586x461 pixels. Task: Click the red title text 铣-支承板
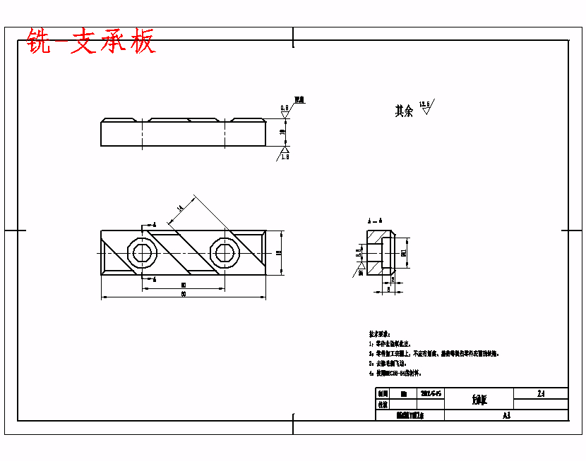tap(90, 42)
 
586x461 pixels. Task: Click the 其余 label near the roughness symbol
tap(404, 111)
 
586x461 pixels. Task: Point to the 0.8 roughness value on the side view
tap(285, 108)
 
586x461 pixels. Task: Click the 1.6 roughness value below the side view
tap(285, 156)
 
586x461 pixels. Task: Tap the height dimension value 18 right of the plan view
tap(279, 252)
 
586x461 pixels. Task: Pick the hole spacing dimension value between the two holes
tap(184, 284)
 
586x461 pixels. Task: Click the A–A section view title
tap(376, 221)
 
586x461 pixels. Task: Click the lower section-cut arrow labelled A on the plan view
tap(152, 280)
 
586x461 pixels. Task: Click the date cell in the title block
tap(431, 393)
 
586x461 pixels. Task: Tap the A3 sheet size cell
tap(506, 416)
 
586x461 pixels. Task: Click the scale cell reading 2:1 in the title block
tap(541, 393)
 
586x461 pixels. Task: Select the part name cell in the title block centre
tap(479, 400)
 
